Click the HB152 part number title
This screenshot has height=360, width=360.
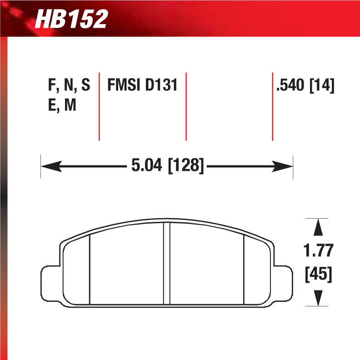(x=71, y=19)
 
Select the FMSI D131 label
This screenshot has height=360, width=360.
(x=142, y=85)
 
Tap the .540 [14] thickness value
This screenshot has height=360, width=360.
(x=305, y=85)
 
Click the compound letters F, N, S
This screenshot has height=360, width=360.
(x=69, y=85)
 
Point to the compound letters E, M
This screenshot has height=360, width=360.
(x=62, y=105)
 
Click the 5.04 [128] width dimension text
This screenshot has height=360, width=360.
(x=167, y=165)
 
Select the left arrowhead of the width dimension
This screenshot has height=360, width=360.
(x=52, y=166)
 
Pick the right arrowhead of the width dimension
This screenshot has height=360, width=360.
(x=282, y=166)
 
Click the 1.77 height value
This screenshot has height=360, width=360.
(x=318, y=250)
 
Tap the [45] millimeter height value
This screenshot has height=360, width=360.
(x=319, y=274)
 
